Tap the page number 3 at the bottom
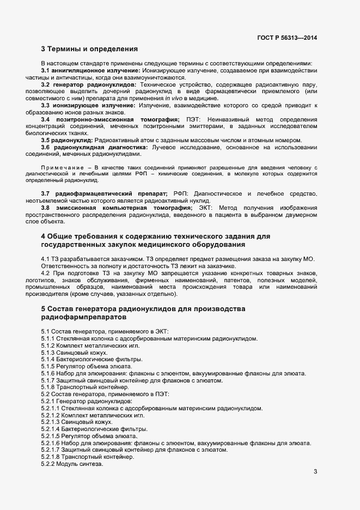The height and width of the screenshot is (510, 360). (315, 471)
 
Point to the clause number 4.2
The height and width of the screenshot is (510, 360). (46, 272)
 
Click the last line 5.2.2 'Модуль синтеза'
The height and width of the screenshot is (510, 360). (72, 464)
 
